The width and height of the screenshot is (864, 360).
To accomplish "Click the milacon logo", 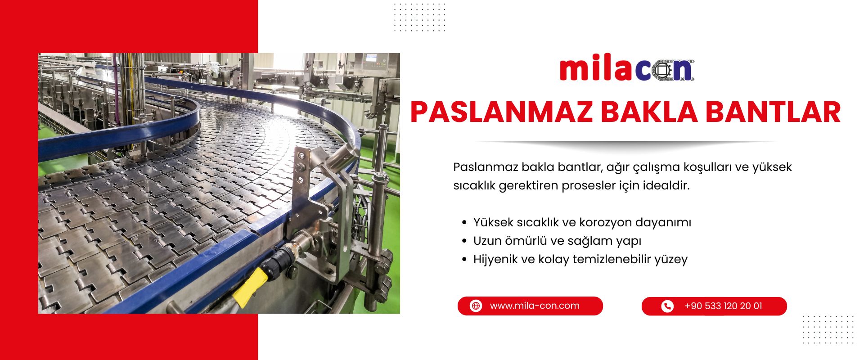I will coord(626,70).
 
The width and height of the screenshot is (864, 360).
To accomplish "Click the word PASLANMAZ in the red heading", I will coord(501,112).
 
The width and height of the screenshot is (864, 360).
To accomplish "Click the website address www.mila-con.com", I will coord(535,306).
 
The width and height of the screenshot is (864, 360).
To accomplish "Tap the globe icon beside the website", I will coord(476,306).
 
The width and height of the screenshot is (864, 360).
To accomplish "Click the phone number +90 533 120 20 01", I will coord(723,306).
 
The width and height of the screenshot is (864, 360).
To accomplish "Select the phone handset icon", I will coord(667,306).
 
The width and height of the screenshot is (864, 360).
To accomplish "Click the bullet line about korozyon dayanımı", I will coord(582,222).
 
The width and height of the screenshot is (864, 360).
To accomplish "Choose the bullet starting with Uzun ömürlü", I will coord(557,241).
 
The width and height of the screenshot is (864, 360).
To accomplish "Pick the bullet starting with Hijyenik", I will coord(580,259).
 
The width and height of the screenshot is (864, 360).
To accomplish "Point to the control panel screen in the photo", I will coord(371,58).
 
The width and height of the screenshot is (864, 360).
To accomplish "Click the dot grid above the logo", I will coord(419,17).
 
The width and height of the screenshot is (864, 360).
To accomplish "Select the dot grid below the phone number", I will coord(828,329).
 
